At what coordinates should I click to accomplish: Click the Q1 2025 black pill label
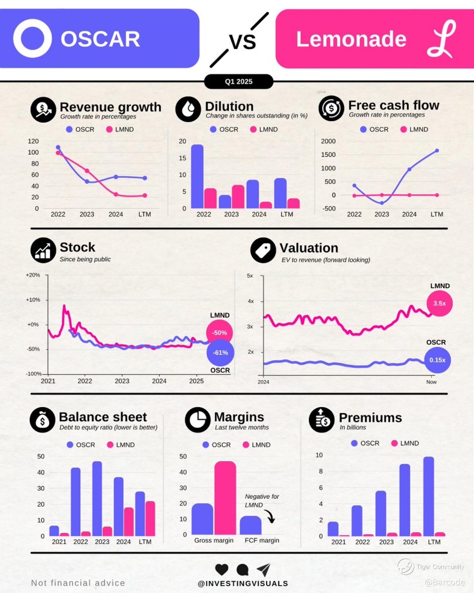239,81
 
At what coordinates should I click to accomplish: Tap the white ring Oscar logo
32,38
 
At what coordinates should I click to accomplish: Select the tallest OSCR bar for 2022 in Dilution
197,176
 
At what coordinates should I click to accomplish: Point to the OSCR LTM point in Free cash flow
437,150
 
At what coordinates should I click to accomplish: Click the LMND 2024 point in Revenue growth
116,194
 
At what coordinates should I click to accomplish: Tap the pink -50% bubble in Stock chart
219,333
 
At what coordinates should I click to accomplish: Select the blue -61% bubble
220,353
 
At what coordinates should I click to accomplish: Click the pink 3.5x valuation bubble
439,303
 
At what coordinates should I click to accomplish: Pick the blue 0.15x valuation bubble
437,360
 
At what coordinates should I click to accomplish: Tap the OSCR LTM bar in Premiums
429,496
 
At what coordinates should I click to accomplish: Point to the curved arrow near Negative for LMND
270,516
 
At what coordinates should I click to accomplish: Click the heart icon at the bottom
222,569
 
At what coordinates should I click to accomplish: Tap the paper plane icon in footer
264,569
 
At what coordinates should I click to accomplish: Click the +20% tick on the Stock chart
33,275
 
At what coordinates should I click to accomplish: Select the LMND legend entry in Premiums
405,443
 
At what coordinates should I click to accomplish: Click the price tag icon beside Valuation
263,250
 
